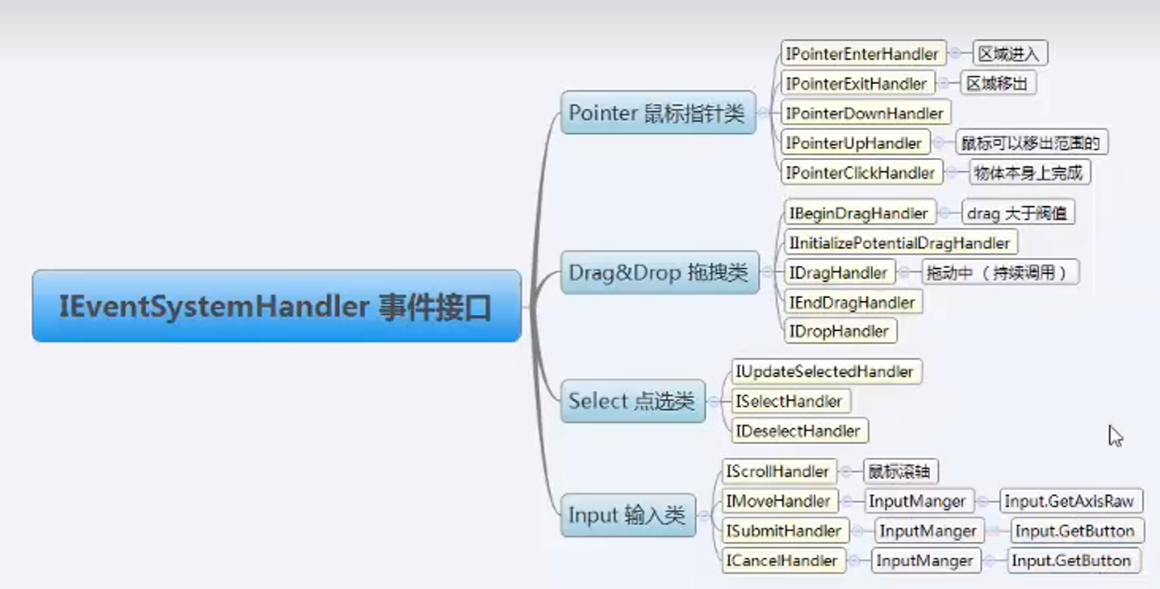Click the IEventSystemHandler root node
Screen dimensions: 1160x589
[x=276, y=306]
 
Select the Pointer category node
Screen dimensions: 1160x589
[x=658, y=113]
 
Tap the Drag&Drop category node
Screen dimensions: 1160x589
[x=659, y=272]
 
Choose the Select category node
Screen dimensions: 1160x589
[x=632, y=401]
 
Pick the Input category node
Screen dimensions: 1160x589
[x=627, y=515]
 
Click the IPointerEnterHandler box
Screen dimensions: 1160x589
[x=862, y=54]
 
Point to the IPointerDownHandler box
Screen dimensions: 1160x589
[x=864, y=113]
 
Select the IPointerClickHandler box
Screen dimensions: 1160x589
[x=860, y=173]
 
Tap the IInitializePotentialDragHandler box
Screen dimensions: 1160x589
[x=899, y=243]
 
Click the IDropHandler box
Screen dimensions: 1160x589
[x=839, y=332]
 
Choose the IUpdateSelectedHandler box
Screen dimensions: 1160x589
[x=825, y=372]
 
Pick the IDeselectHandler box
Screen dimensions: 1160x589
[x=798, y=431]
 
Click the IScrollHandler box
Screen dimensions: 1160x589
[x=777, y=472]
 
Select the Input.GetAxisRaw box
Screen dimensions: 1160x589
[x=1069, y=501]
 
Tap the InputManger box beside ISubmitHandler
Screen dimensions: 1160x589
[x=928, y=531]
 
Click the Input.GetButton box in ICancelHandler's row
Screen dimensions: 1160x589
[x=1071, y=560]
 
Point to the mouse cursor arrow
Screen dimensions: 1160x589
[x=1114, y=435]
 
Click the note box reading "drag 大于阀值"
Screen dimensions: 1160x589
[x=1017, y=213]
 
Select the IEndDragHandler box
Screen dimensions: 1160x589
[x=852, y=303]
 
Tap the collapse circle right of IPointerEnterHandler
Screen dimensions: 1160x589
[x=956, y=53]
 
